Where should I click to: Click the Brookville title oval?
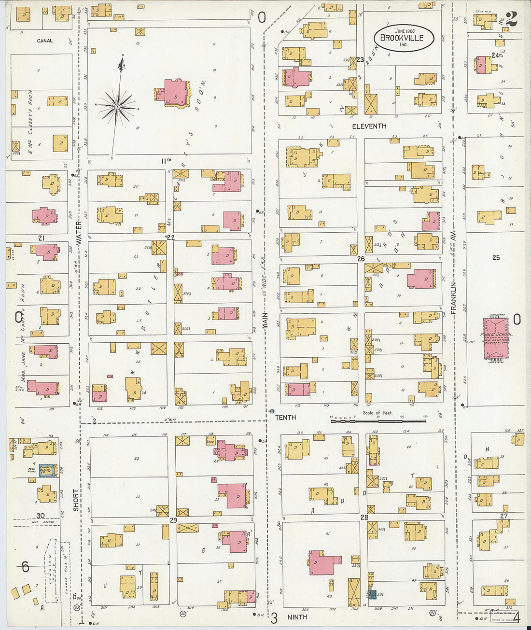[404, 37]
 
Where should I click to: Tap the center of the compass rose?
[117, 106]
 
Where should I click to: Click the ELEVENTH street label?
[369, 126]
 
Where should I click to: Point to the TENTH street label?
[285, 418]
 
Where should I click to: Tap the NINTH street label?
[297, 617]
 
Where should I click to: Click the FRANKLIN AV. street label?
[454, 298]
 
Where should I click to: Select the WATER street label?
[79, 232]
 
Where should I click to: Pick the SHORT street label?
[76, 500]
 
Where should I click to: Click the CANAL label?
[44, 41]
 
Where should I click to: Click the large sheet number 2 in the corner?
[511, 19]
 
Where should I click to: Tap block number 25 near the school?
[496, 258]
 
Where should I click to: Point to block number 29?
[173, 520]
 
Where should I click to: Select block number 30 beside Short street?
[41, 516]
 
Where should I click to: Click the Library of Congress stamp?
[501, 619]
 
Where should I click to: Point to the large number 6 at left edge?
[25, 567]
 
